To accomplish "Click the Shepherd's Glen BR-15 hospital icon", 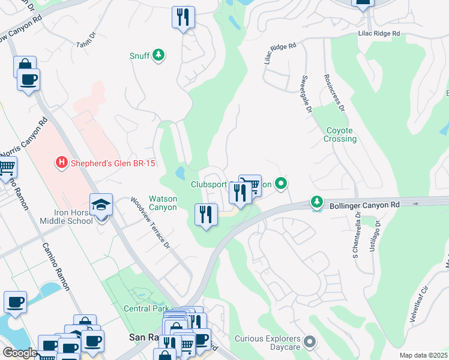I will click(61, 162).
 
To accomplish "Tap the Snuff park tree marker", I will click(158, 56).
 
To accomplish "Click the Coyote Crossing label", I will click(341, 134).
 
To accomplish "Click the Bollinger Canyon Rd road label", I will click(364, 205).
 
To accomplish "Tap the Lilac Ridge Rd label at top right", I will click(378, 34).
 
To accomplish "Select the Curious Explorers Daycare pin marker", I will click(310, 343).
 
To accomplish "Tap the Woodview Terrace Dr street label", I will click(151, 223).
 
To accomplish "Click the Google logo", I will click(20, 353).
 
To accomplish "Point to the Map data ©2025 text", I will click(423, 355).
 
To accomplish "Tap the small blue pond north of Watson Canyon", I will click(180, 173).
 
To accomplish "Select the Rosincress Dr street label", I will click(334, 93).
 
